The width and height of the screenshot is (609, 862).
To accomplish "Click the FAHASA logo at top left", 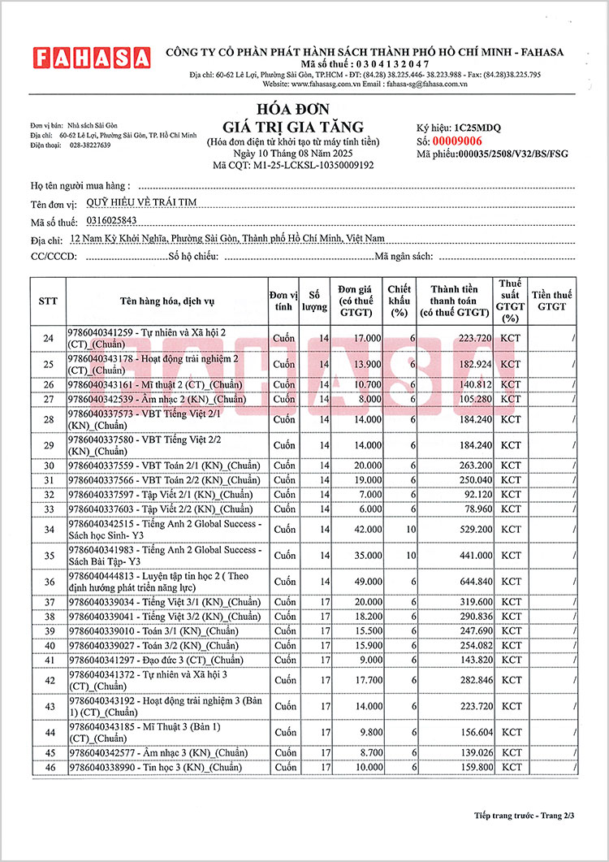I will pos(92,58).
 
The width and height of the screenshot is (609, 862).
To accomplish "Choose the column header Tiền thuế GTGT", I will pos(551,301).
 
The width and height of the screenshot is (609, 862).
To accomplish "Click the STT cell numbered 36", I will pos(48,582).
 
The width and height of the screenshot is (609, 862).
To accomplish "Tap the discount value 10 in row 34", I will pos(411,530).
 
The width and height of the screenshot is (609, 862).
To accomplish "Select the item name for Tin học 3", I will pos(155,767).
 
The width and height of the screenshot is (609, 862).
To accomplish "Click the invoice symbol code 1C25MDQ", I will pos(478,128).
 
